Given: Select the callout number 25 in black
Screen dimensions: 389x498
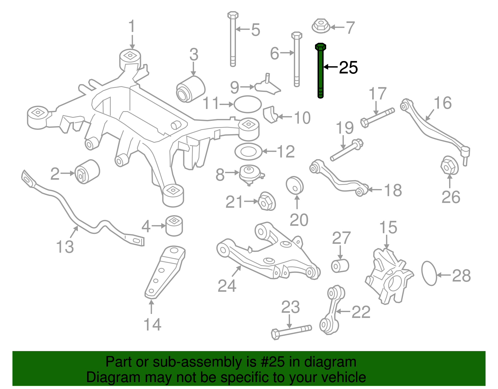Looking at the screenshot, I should pyautogui.click(x=348, y=68).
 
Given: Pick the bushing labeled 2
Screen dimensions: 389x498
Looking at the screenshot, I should pyautogui.click(x=87, y=172).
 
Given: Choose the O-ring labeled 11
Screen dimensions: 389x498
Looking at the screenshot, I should pyautogui.click(x=247, y=104).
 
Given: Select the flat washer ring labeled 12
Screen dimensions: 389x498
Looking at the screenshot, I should pyautogui.click(x=248, y=152).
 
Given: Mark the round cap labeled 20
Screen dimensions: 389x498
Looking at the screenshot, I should pyautogui.click(x=294, y=185).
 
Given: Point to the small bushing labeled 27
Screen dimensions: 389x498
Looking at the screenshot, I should pyautogui.click(x=340, y=265).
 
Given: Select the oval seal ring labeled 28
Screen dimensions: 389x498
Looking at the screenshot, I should pyautogui.click(x=429, y=273).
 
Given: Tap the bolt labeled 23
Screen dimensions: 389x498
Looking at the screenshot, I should pyautogui.click(x=291, y=332).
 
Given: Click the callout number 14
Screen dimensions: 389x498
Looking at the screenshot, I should pyautogui.click(x=152, y=325).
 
